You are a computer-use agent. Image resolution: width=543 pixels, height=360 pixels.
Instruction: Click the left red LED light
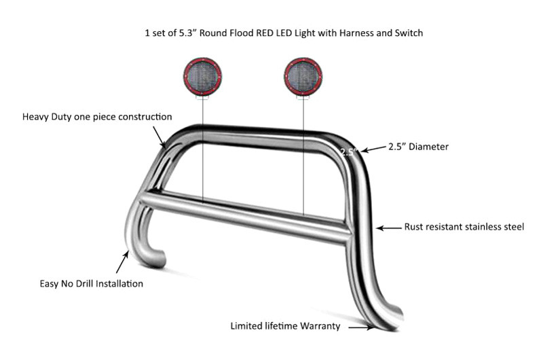pos(202,77)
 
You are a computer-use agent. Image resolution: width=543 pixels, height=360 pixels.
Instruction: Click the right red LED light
pos(303,77)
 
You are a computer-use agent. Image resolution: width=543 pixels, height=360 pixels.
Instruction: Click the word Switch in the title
pos(409,33)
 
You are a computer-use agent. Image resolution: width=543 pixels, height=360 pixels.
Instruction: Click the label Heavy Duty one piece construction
pos(97,117)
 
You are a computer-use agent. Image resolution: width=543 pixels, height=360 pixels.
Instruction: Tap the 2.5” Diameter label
pos(418,147)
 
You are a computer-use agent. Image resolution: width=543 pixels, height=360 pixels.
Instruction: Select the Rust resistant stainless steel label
pos(464,227)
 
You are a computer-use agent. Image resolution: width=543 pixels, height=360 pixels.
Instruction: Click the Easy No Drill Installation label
pos(92,284)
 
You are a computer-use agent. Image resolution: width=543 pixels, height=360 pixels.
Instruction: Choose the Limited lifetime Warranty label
pos(285,326)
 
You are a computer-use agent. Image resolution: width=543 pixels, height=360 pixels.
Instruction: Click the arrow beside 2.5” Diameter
pos(373,149)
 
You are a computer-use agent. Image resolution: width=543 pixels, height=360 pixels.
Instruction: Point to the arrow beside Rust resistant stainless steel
pos(388,228)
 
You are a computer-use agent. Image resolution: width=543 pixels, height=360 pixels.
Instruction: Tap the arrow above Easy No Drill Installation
pos(123,262)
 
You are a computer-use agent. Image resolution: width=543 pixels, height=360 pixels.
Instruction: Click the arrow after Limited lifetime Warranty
pos(361,327)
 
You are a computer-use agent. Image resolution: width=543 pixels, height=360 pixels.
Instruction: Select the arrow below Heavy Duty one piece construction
pos(159,137)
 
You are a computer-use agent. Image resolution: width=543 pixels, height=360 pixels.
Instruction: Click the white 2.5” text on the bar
pos(348,152)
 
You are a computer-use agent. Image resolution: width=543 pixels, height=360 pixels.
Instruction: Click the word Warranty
pos(320,326)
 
